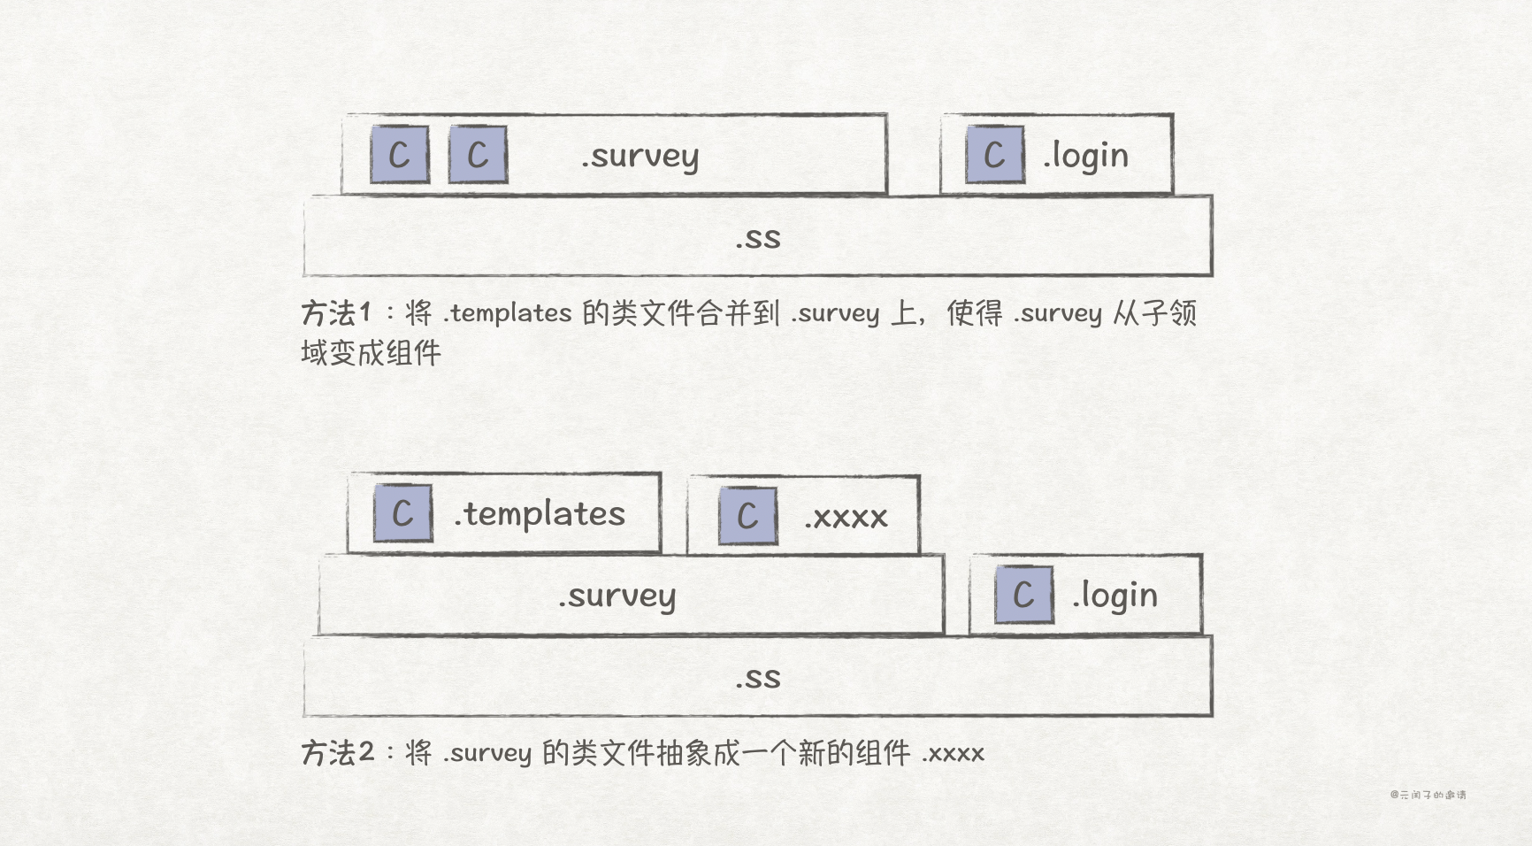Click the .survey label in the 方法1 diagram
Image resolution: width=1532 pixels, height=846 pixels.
640,157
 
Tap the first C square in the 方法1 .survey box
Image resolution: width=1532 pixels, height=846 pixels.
400,155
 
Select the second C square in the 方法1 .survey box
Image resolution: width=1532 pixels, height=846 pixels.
478,155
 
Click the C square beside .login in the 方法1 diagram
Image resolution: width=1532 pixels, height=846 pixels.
995,155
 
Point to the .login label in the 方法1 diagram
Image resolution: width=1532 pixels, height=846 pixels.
1085,156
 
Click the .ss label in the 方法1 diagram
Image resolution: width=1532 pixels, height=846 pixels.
758,237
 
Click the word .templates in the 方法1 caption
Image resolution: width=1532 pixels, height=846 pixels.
508,312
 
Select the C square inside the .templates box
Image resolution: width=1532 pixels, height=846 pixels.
402,513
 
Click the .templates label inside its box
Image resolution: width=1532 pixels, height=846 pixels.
540,513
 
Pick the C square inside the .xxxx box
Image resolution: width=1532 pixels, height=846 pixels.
747,516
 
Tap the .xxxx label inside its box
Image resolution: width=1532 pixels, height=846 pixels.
846,517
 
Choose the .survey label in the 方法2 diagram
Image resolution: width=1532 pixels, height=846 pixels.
617,596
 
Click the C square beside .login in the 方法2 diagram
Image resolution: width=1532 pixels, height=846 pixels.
1023,595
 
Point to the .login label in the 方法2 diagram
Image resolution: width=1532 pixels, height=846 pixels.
1115,596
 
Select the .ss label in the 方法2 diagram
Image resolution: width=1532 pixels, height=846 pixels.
758,678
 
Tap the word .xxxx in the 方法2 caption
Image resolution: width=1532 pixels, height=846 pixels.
954,753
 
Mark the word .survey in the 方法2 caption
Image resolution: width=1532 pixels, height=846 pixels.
487,753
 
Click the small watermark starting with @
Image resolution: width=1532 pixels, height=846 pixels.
1428,795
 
